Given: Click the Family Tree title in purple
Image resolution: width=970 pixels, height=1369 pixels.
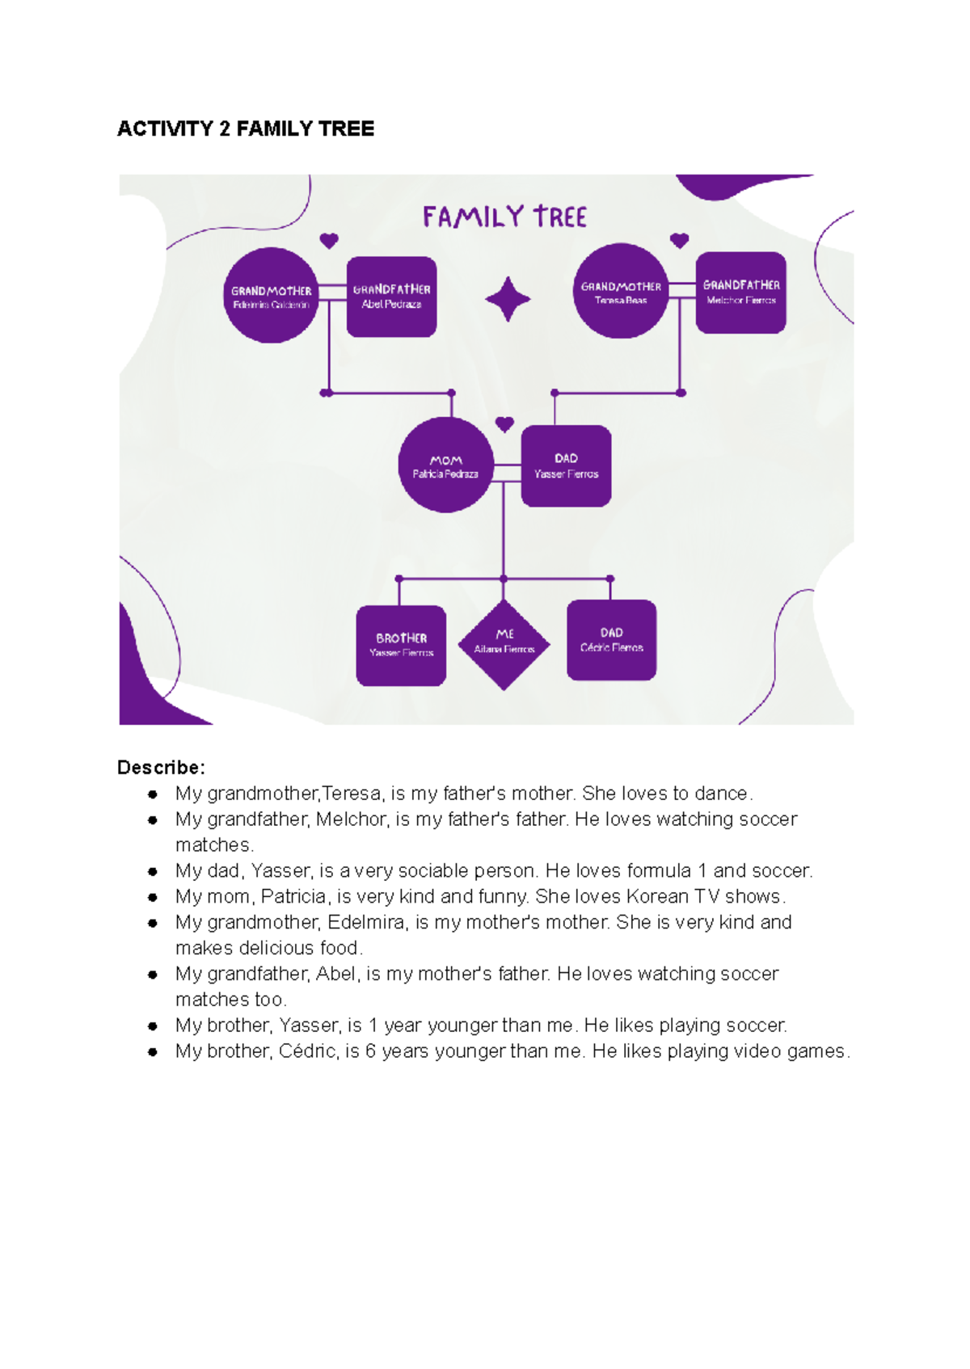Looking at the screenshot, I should [504, 217].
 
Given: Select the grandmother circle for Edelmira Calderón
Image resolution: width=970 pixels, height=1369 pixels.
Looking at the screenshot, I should [271, 296].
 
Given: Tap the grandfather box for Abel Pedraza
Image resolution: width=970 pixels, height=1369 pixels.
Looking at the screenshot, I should [392, 297].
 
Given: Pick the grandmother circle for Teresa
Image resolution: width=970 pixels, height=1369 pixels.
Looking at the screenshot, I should [621, 292].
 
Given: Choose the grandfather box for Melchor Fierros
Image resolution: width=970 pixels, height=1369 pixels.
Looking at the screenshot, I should [741, 293].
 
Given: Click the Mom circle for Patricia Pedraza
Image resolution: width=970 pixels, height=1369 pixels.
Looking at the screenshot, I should [445, 465].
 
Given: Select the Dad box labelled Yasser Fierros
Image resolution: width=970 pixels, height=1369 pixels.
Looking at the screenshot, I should [566, 466].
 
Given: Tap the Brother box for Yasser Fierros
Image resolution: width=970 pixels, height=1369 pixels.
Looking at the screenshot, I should [401, 645].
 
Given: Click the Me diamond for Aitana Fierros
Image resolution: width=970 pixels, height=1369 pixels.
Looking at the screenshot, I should [504, 644].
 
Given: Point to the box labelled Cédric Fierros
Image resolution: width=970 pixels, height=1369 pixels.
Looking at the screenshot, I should [611, 640].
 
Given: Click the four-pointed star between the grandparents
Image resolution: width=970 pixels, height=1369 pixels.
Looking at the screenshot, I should [508, 299].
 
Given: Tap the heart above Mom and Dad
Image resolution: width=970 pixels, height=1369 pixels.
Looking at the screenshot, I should [504, 424].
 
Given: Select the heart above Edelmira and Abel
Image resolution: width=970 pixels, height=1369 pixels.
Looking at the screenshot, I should [329, 241].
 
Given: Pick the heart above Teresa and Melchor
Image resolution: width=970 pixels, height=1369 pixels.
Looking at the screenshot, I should [680, 241].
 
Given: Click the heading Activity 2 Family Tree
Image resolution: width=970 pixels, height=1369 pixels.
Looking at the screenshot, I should [246, 129].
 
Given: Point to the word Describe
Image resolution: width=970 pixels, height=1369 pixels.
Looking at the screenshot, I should [161, 767].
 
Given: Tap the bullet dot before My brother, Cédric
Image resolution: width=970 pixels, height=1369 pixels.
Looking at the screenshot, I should [152, 1051].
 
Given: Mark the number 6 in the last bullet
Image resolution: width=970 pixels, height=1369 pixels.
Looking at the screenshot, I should [370, 1051].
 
